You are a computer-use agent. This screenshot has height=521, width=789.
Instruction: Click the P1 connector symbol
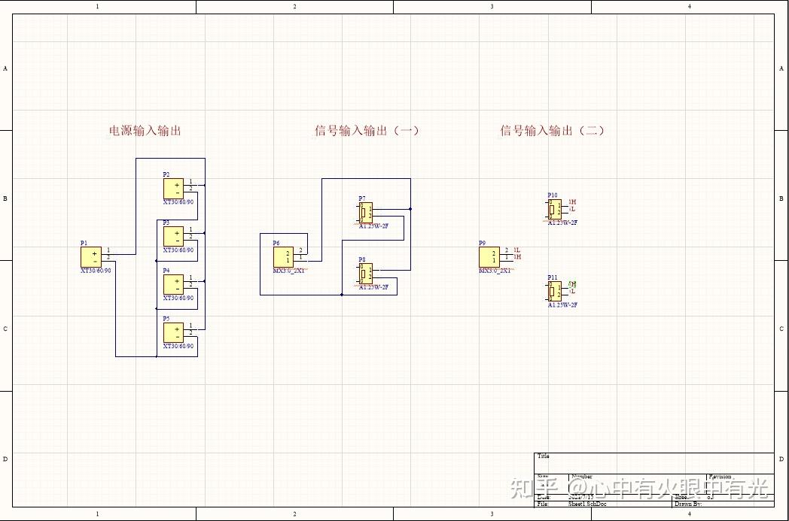(91, 256)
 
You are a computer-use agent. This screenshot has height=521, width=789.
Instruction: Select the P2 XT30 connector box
(173, 188)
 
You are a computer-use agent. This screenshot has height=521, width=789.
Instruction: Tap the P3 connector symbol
(173, 236)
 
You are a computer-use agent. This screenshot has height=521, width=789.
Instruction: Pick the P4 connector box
(173, 284)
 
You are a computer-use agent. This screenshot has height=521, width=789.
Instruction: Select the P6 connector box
(283, 257)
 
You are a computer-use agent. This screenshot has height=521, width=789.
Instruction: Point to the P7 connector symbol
(365, 212)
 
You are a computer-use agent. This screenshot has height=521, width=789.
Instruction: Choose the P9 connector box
(489, 257)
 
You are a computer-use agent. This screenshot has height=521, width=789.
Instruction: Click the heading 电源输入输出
(145, 131)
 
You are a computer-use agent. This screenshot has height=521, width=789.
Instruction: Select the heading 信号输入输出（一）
(367, 131)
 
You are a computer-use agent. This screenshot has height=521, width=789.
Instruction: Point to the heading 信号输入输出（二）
(553, 131)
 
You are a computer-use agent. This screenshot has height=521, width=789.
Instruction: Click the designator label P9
(482, 244)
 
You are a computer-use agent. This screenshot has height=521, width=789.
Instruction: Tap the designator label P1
(84, 244)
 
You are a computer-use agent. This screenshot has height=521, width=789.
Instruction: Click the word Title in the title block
(543, 456)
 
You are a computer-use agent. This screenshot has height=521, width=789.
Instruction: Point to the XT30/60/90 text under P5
(178, 347)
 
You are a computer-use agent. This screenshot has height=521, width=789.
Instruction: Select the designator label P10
(553, 195)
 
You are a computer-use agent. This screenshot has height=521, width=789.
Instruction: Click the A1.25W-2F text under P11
(562, 305)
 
